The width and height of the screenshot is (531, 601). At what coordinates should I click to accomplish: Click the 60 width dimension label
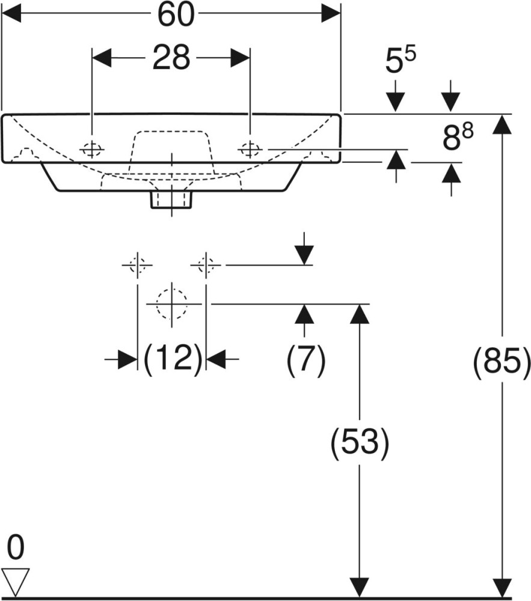(176, 15)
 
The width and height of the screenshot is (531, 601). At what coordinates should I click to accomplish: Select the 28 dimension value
(171, 58)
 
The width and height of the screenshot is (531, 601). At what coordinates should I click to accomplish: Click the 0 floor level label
(16, 548)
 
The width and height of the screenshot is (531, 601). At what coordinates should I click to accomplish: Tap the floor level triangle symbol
(16, 581)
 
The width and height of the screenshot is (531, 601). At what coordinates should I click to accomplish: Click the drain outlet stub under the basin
(171, 200)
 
